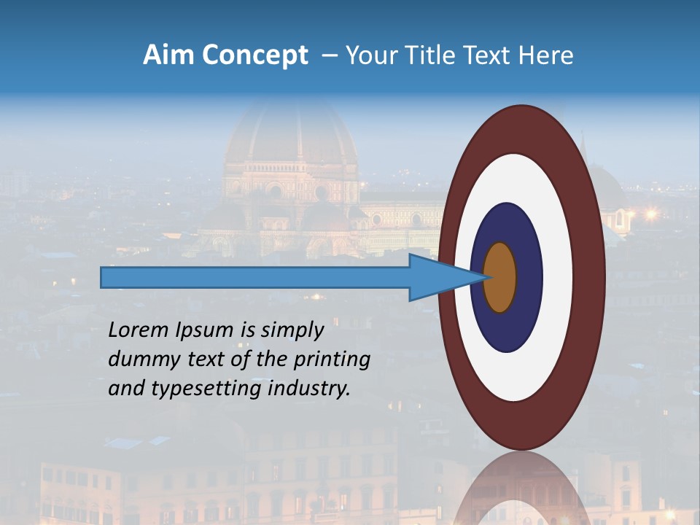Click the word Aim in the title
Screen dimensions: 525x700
tap(168, 55)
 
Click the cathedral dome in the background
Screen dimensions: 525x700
tap(292, 139)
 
